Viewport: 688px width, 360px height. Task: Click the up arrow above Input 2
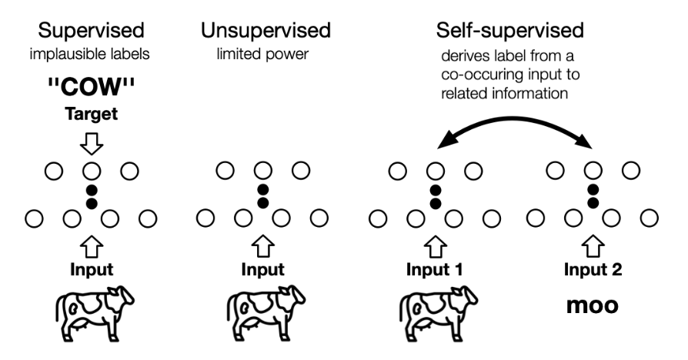click(593, 245)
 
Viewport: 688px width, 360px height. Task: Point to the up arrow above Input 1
click(436, 245)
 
